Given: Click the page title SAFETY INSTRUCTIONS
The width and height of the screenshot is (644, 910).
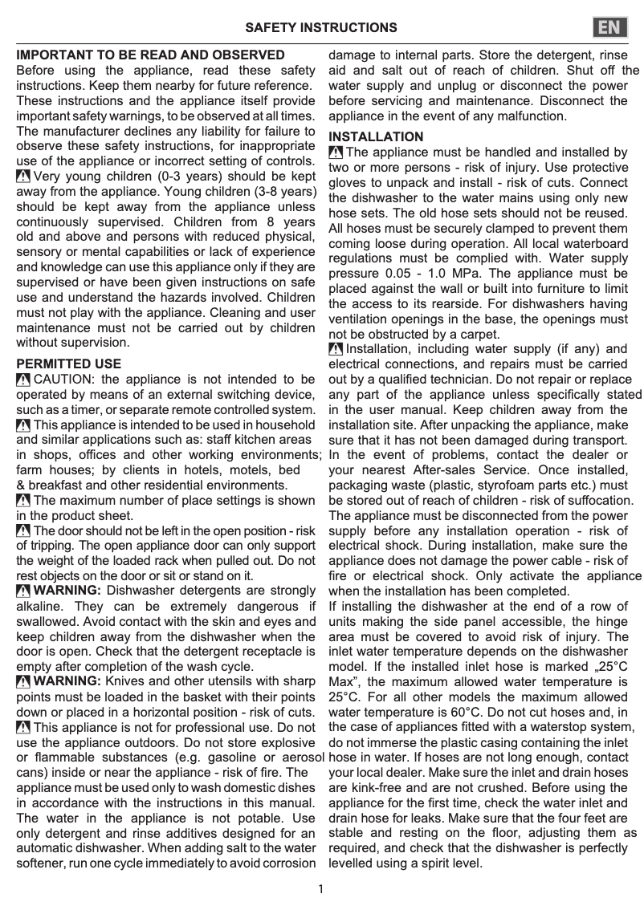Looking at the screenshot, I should click(x=321, y=27).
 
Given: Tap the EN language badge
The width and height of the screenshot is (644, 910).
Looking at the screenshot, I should click(x=610, y=27).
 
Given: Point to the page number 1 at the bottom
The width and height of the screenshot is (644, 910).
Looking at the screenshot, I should click(x=321, y=888).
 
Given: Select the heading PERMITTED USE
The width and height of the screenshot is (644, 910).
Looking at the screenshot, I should click(x=69, y=364).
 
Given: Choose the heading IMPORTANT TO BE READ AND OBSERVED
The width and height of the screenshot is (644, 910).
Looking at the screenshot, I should click(x=151, y=55).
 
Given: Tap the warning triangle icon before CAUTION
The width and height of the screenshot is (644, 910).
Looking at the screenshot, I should click(x=23, y=379).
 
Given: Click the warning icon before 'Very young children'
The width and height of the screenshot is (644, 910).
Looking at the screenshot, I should click(x=23, y=177).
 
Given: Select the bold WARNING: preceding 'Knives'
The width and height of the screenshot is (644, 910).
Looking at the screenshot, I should click(x=67, y=681).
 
